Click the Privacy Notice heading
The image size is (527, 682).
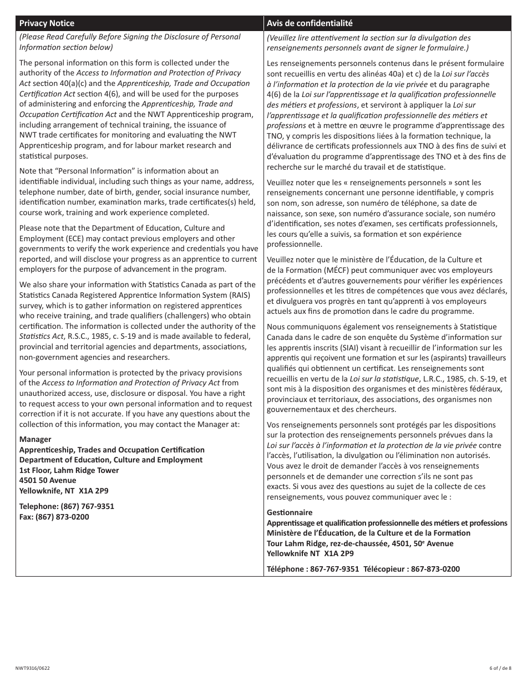(x=47, y=23)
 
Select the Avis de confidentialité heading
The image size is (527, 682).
(x=309, y=23)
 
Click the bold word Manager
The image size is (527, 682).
(x=35, y=439)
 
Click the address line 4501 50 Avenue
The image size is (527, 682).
(x=48, y=480)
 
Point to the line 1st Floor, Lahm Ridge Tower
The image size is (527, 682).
(x=69, y=470)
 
